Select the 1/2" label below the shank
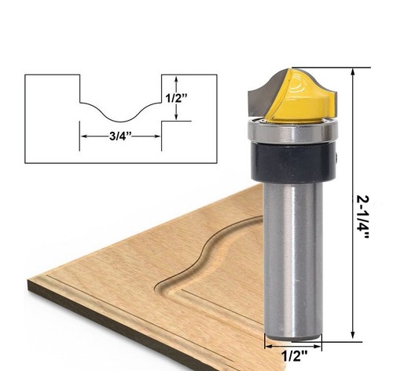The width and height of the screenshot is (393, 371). click(x=294, y=356)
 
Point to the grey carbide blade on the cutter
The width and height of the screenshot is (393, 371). click(x=262, y=96)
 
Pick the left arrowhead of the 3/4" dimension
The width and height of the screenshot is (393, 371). click(x=83, y=134)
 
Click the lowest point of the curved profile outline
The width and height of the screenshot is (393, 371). click(x=119, y=121)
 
